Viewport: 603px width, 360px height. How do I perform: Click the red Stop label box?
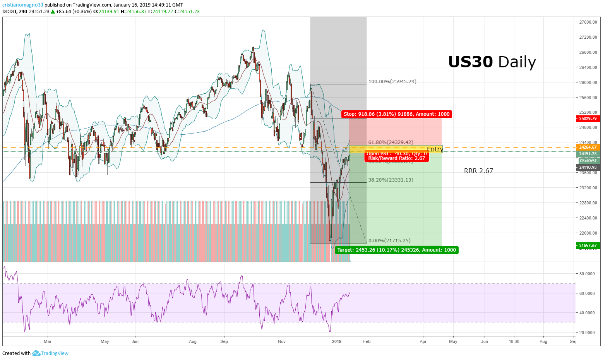397,114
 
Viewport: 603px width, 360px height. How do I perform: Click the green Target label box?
396,250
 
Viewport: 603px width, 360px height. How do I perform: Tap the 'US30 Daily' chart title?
492,62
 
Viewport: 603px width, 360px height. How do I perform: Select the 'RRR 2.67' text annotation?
478,171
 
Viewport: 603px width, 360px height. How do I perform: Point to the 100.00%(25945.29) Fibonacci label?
392,82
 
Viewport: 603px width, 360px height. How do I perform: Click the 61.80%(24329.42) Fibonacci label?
391,142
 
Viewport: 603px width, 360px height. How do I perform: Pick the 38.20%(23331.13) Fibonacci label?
391,180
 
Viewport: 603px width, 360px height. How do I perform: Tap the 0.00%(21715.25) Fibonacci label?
389,241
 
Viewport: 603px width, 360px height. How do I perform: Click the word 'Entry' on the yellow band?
435,149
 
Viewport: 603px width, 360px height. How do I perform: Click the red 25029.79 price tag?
588,118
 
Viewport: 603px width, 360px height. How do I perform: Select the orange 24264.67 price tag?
588,147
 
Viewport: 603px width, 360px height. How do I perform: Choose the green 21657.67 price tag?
588,245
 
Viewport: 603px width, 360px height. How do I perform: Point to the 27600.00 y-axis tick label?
588,22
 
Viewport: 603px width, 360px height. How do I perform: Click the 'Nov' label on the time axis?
282,341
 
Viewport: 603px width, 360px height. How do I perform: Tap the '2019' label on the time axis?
337,341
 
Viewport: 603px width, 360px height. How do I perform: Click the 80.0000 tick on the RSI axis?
587,274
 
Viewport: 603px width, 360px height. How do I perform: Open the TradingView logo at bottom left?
50,353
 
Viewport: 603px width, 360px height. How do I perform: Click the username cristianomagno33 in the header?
23,5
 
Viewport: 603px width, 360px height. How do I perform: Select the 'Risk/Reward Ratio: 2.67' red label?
396,158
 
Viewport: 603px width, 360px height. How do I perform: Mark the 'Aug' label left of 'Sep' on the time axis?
193,341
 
